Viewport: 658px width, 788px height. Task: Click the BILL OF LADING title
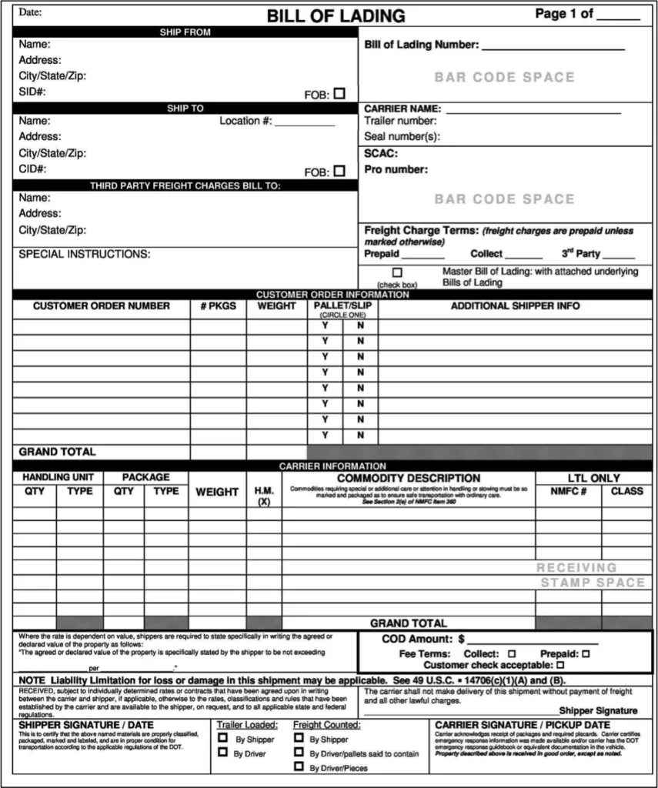click(x=336, y=15)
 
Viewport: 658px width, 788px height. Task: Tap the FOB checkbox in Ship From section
click(x=339, y=93)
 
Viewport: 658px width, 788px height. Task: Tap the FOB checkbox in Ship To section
click(x=339, y=171)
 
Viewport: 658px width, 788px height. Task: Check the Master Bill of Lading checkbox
click(x=397, y=272)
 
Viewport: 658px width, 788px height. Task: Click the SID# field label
click(x=32, y=92)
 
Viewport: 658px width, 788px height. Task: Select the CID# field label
click(x=32, y=169)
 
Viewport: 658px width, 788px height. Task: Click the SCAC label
click(x=381, y=153)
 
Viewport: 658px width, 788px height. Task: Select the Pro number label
click(x=396, y=169)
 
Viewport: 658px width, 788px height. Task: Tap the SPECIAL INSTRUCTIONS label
click(x=85, y=254)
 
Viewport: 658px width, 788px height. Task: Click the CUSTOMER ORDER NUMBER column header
click(x=101, y=306)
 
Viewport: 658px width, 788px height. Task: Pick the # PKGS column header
click(x=218, y=306)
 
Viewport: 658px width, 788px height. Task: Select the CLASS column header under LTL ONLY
click(x=626, y=491)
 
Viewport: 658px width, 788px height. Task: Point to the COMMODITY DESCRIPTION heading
click(x=409, y=478)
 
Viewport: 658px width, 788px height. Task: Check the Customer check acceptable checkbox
click(x=560, y=664)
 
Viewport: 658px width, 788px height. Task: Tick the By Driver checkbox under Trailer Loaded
click(x=223, y=753)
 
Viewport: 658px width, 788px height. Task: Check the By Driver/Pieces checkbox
click(x=299, y=767)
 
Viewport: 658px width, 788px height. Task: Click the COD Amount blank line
click(x=533, y=640)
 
